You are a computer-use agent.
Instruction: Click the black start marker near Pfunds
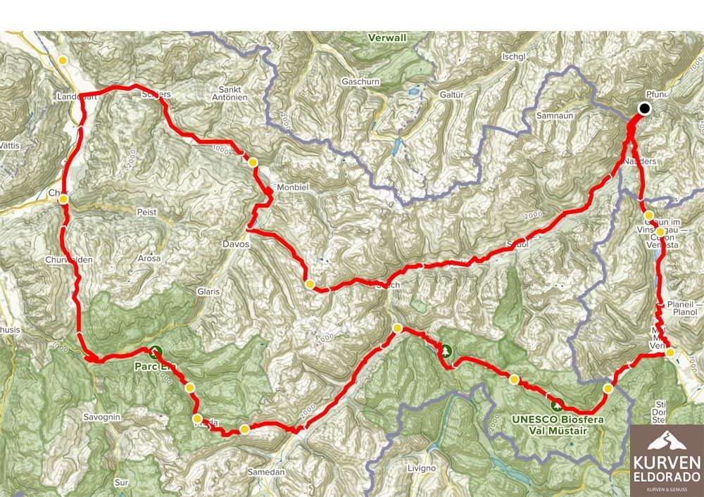click(x=644, y=108)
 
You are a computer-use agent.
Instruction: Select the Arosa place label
click(x=149, y=258)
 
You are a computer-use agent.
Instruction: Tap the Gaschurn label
click(x=360, y=82)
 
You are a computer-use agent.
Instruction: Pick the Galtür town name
click(x=451, y=94)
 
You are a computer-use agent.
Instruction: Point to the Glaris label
click(x=209, y=291)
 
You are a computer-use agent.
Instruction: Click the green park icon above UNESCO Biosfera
click(x=558, y=405)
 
